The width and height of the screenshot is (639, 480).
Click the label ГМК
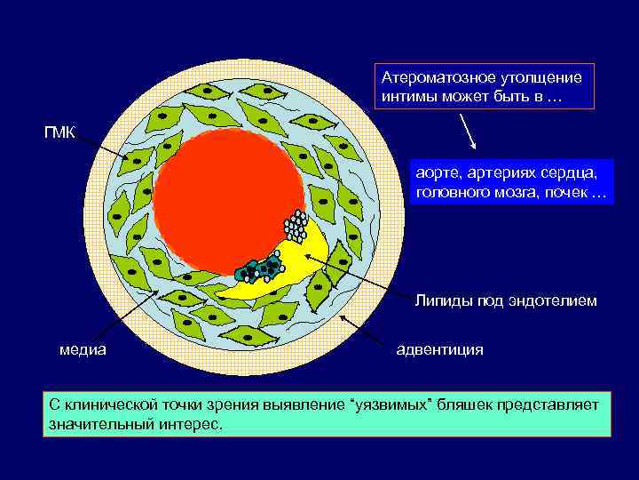(x=60, y=132)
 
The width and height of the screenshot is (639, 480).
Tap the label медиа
(x=83, y=349)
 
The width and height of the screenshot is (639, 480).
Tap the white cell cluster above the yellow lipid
(x=296, y=227)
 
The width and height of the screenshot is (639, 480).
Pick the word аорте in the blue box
(x=437, y=170)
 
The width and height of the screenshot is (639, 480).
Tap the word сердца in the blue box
(x=579, y=170)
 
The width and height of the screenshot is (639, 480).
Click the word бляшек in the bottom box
(x=466, y=405)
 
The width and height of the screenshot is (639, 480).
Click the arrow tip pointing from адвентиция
(x=341, y=317)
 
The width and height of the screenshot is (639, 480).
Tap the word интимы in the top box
(x=405, y=96)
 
